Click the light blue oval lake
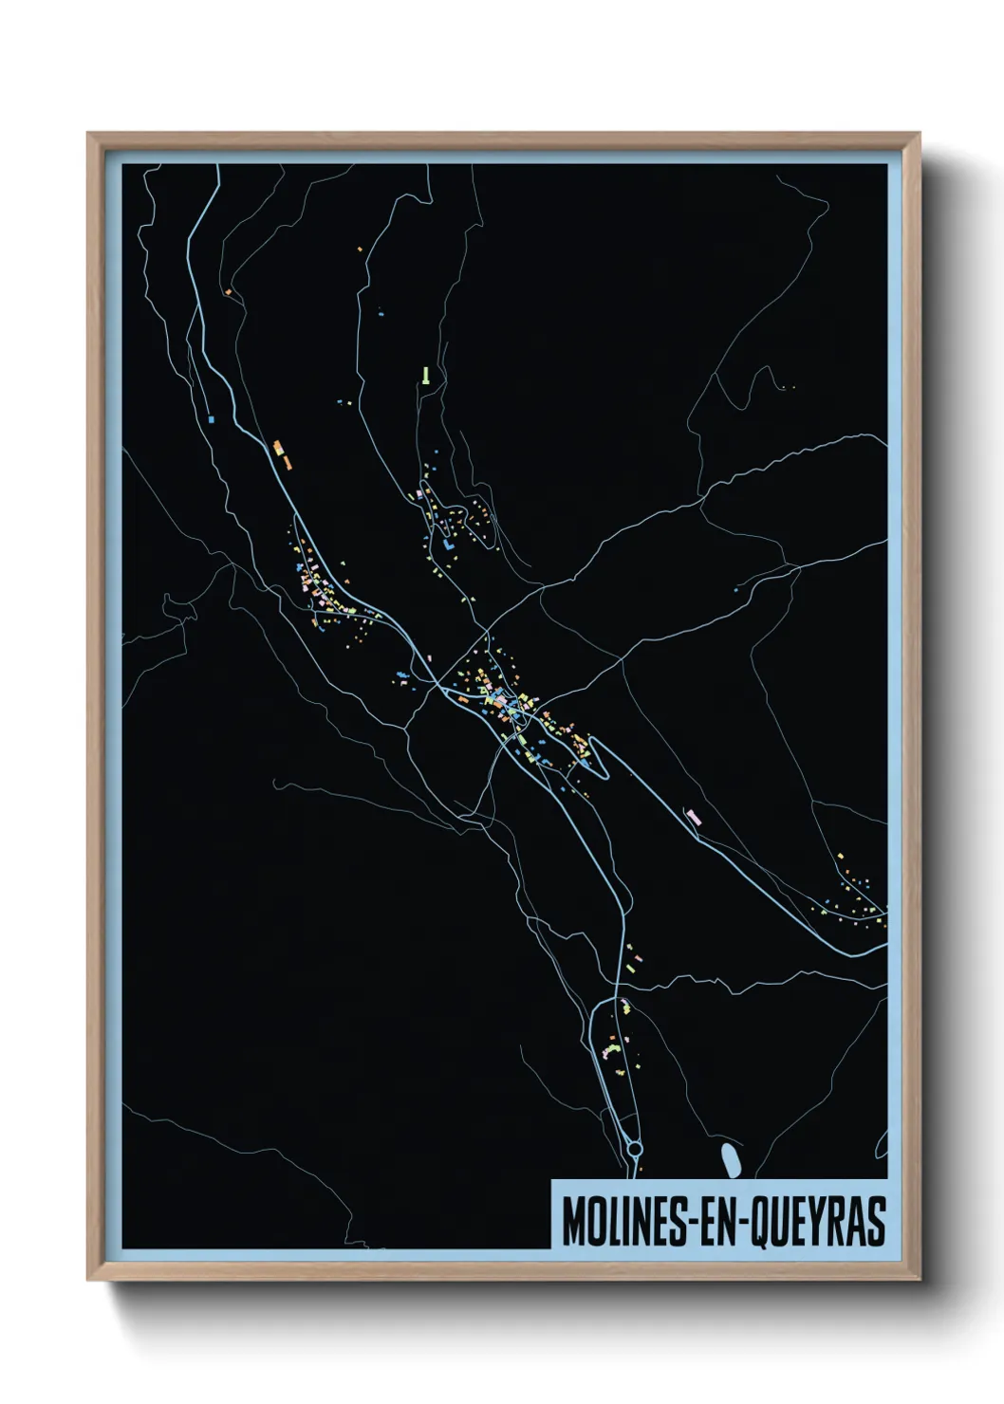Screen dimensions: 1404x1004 coord(729,1158)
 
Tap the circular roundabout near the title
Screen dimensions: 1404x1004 coord(634,1151)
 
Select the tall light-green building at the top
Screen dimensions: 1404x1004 coord(427,375)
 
